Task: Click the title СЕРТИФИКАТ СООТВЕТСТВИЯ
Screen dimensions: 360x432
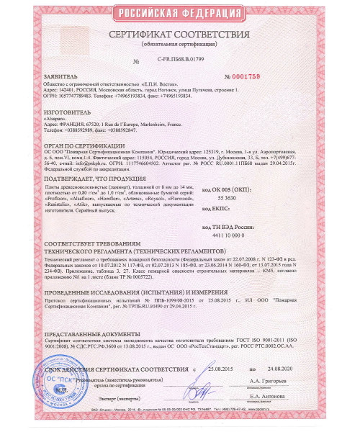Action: (180, 35)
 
